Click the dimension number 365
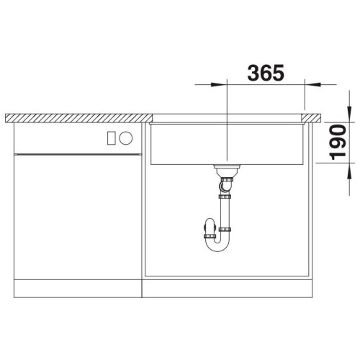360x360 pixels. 266,73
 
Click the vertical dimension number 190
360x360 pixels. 338,143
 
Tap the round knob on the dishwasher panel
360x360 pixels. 126,138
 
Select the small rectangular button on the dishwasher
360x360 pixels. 112,138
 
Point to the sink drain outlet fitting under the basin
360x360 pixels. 227,170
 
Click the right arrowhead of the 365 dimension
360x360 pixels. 312,84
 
